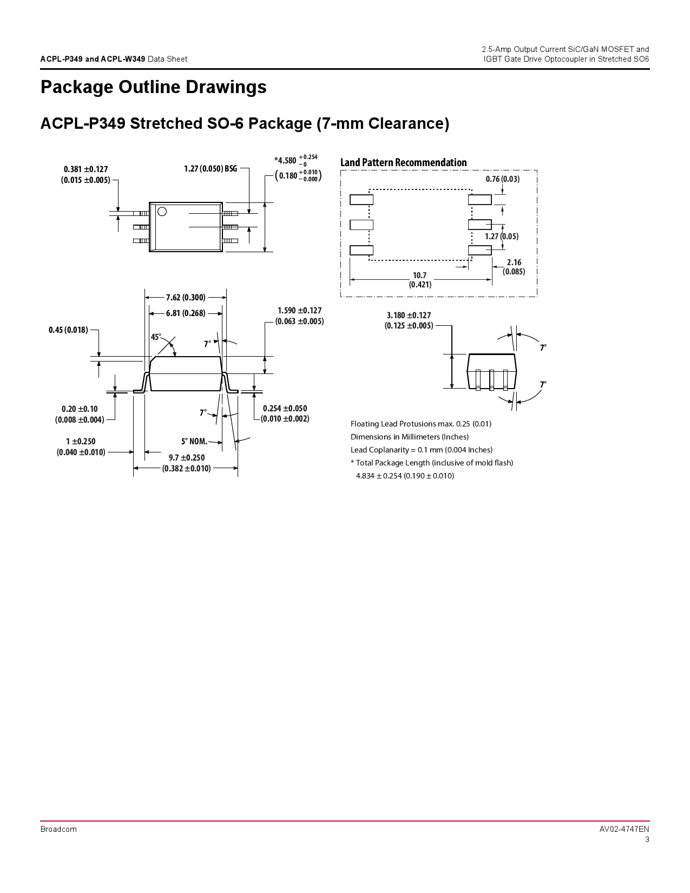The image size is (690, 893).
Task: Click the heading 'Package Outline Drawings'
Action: (153, 88)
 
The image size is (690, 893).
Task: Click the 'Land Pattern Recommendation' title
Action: (403, 162)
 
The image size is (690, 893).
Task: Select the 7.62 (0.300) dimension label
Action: (186, 297)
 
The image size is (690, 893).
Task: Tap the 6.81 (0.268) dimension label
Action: (186, 313)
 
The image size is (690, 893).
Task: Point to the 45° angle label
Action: (156, 337)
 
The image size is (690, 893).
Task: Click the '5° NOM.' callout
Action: (194, 441)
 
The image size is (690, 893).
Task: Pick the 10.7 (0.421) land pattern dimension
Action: (420, 280)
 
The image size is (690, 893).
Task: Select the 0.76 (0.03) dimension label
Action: (502, 179)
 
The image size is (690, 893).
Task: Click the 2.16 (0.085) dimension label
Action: (514, 267)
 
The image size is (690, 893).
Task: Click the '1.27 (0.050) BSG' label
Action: (211, 169)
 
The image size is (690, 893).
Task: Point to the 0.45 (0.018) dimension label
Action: (68, 330)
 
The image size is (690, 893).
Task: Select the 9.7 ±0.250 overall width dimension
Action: (187, 463)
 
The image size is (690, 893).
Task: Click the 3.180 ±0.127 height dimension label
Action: (409, 320)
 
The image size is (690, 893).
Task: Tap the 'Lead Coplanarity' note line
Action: (421, 450)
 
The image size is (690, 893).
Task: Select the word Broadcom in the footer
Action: (58, 829)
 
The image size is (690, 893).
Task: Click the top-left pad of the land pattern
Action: (361, 200)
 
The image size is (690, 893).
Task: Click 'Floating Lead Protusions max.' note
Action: (420, 424)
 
